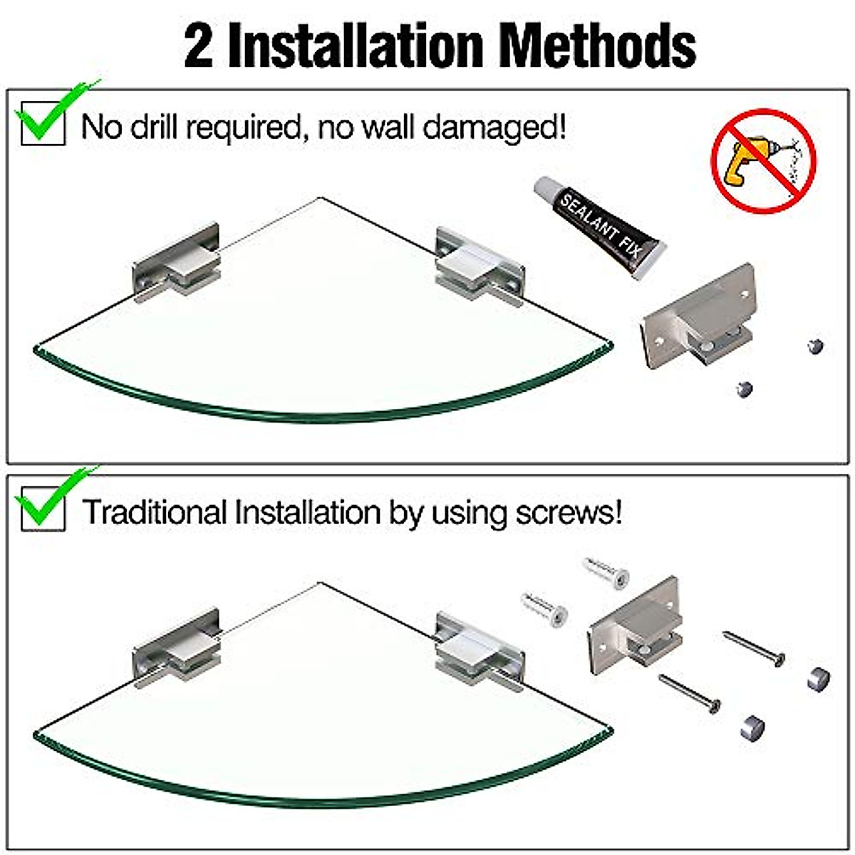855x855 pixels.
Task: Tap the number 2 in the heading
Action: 199,47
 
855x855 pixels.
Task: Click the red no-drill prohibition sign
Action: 764,161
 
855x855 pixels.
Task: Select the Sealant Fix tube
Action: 599,227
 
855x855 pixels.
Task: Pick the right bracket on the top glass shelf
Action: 480,266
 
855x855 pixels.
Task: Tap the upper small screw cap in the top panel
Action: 815,346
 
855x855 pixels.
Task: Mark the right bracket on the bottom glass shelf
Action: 480,651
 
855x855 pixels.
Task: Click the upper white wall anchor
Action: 606,572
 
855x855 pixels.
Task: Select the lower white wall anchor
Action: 544,608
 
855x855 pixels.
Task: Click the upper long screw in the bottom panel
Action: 754,648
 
